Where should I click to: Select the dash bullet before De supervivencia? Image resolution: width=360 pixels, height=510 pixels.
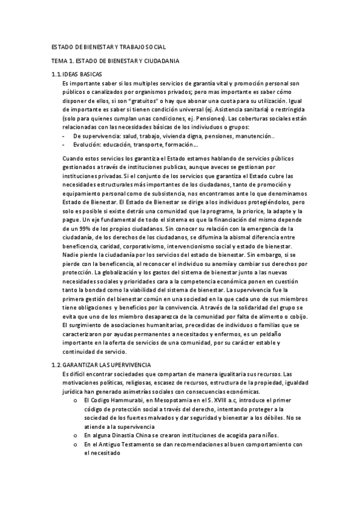pyautogui.click(x=64, y=136)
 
